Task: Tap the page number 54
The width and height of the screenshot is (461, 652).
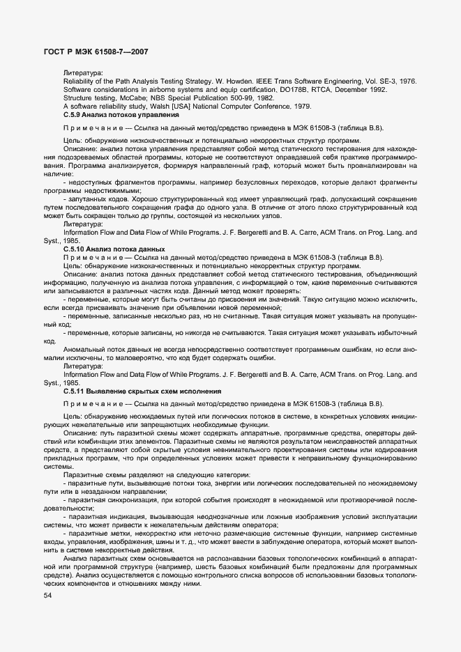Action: click(48, 596)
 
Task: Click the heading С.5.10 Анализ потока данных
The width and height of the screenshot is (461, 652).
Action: click(114, 249)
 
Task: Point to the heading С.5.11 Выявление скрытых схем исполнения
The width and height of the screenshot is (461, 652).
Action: click(142, 391)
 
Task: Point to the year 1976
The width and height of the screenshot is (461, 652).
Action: click(405, 81)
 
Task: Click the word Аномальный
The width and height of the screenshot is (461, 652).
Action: click(84, 349)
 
